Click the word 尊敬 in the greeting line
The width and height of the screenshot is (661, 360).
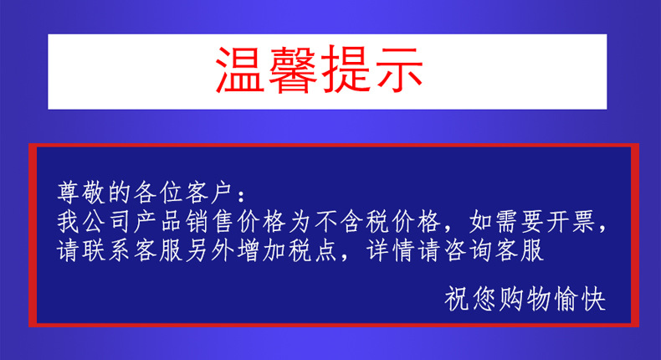click(82, 193)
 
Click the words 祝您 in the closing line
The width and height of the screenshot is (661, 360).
click(470, 298)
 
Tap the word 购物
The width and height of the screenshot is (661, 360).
click(523, 298)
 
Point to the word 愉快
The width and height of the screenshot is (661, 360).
click(576, 298)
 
